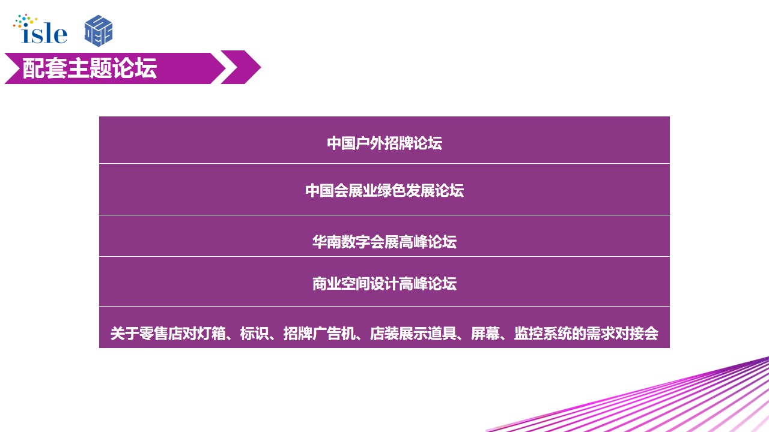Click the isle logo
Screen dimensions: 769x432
pos(40,29)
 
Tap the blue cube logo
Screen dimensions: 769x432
pos(99,31)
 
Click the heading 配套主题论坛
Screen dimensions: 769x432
pos(90,68)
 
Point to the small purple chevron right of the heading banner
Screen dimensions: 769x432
pos(241,67)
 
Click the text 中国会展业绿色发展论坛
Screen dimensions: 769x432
pos(384,191)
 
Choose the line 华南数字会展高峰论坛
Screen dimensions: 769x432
pos(384,242)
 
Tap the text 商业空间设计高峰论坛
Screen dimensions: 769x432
pos(384,284)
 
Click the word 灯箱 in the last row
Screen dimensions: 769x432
pos(211,334)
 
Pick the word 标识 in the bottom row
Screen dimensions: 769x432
pos(254,334)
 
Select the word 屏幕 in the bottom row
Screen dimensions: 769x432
pos(485,334)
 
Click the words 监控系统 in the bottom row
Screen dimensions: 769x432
pos(543,334)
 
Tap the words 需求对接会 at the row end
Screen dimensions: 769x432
pos(622,334)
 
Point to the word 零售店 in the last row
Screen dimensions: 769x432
pos(160,334)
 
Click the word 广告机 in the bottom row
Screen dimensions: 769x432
pos(333,334)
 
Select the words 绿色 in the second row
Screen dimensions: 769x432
pos(392,191)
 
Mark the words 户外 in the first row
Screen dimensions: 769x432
pos(370,143)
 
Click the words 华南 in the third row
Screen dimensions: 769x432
pos(326,242)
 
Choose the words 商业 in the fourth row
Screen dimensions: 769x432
pos(326,284)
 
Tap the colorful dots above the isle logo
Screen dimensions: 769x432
pos(25,20)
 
